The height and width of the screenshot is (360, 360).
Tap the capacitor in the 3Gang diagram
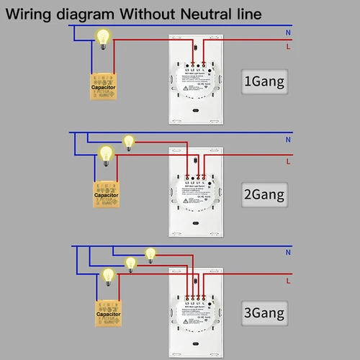108,315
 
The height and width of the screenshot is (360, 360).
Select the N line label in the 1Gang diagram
288,31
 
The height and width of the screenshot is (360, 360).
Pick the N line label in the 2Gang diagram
288,140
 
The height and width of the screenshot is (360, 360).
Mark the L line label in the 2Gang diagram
288,161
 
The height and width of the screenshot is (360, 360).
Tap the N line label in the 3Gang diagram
288,253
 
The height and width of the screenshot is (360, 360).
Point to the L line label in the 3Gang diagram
288,281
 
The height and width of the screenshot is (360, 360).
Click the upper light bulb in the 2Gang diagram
130,141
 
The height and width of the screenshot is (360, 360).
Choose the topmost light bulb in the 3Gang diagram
150,253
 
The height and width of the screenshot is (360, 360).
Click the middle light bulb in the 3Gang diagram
130,264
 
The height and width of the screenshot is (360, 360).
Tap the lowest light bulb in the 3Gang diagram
108,274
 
